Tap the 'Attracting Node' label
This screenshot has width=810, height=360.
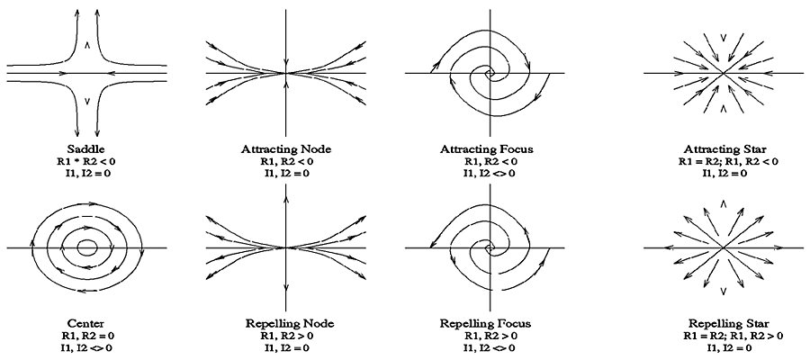tap(285, 148)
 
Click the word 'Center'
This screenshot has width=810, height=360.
tap(87, 322)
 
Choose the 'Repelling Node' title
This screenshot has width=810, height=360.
tap(285, 322)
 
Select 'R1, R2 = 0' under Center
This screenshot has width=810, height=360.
tap(86, 334)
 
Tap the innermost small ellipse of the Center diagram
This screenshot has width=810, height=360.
tap(87, 246)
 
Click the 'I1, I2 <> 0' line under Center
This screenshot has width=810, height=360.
tap(86, 346)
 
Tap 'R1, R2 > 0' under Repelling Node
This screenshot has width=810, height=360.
tap(285, 334)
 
